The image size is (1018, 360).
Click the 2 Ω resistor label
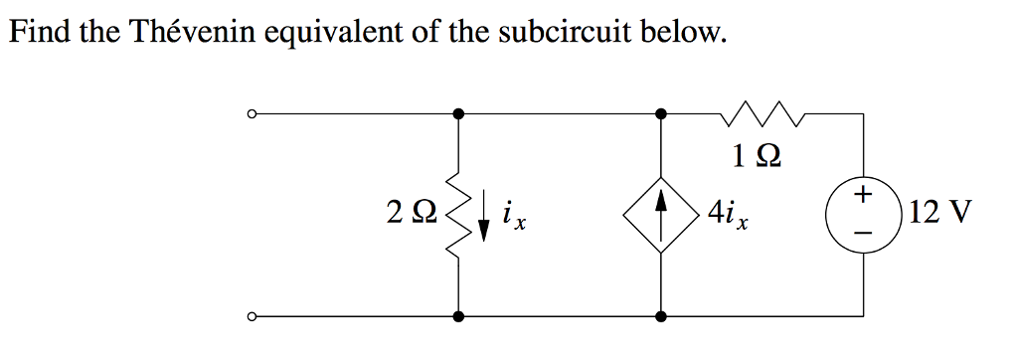click(410, 212)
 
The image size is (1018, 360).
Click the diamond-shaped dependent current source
click(660, 215)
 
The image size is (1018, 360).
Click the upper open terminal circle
click(254, 115)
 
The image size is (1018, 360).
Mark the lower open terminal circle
click(254, 317)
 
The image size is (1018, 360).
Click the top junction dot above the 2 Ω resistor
click(458, 115)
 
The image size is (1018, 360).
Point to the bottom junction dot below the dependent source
click(660, 317)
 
